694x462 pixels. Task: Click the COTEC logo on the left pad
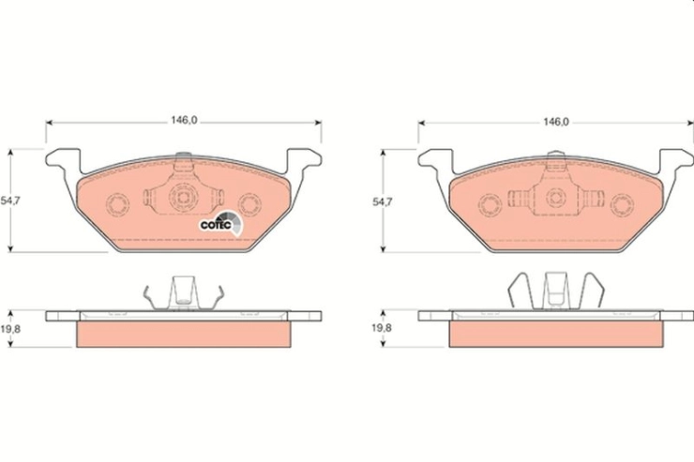[x=221, y=223]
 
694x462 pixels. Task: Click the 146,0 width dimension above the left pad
[x=184, y=120]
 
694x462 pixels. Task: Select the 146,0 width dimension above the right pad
[x=556, y=122]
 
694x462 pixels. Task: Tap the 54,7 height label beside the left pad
[x=10, y=201]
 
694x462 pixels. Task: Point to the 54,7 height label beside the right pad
[x=382, y=201]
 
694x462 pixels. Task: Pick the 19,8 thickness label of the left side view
[x=10, y=329]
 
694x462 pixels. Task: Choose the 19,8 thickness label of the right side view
[x=382, y=328]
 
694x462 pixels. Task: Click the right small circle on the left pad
[x=249, y=204]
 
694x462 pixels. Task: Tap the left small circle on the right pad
[x=490, y=205]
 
